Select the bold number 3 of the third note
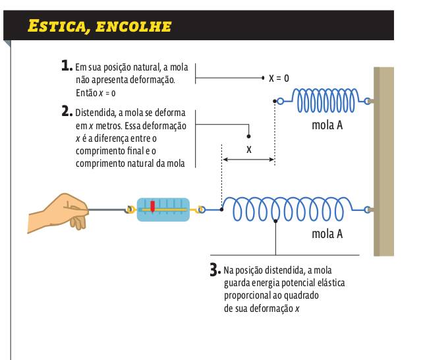point(214,269)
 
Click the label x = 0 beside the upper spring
point(279,78)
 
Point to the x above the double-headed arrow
point(248,150)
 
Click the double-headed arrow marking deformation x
point(248,160)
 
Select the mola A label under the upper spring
point(327,125)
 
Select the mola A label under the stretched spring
point(327,233)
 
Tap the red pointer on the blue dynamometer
point(152,206)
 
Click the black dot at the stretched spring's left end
point(222,210)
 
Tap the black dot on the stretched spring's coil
point(275,222)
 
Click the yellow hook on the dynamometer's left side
point(130,210)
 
